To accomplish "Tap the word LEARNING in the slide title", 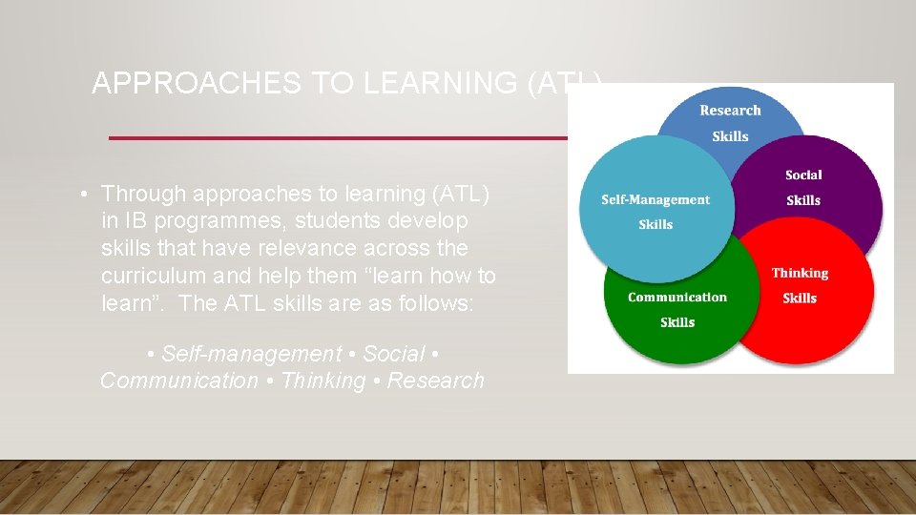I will click(440, 84).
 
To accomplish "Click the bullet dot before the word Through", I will click(85, 195).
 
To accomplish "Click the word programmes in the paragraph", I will click(214, 221).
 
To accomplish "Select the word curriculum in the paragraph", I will click(158, 277).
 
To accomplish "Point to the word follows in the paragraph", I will click(448, 304).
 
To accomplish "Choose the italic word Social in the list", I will click(394, 354).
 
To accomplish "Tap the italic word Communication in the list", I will click(179, 381).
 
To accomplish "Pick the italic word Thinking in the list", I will click(323, 381).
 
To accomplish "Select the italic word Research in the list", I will click(436, 381).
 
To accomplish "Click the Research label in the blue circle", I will click(730, 111).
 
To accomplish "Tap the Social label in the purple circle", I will click(803, 175).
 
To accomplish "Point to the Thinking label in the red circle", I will click(800, 274).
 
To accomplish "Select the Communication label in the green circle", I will click(677, 298).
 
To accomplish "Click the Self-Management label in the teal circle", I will click(656, 200).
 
